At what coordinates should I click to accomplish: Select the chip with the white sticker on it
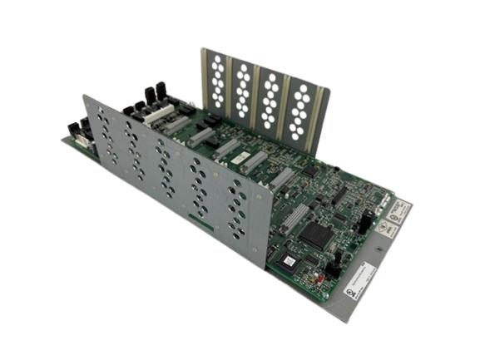click(x=287, y=261)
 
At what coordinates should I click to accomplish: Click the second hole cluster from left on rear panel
click(x=243, y=90)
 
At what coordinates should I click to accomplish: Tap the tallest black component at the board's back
click(x=161, y=91)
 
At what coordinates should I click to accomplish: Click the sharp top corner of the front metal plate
click(x=82, y=96)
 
